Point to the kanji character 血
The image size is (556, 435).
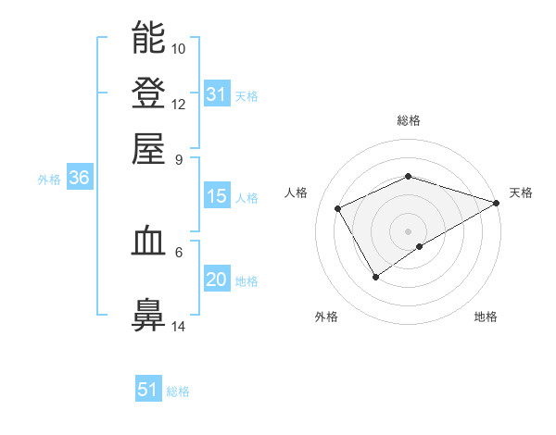click(148, 242)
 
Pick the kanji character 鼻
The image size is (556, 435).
click(148, 315)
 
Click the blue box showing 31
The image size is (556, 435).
click(216, 94)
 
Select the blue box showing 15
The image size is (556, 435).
click(216, 196)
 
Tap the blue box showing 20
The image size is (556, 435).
click(216, 280)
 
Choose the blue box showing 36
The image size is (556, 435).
click(79, 179)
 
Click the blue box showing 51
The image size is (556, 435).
click(148, 390)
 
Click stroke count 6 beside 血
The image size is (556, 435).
click(179, 251)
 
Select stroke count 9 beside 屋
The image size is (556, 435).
click(179, 158)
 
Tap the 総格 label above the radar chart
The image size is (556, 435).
click(409, 120)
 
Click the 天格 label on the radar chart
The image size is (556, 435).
click(521, 193)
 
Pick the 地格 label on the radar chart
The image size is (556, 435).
click(486, 317)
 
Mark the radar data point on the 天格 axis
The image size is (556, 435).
click(497, 202)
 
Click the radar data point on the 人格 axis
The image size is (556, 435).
click(338, 208)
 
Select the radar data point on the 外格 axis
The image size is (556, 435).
click(375, 276)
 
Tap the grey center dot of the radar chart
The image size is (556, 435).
click(408, 230)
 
